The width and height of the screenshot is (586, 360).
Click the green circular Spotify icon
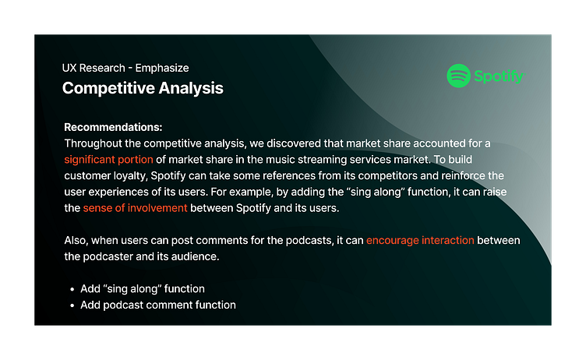458,76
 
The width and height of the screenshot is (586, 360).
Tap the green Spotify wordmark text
499,76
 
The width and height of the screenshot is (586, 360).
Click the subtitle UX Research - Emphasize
125,68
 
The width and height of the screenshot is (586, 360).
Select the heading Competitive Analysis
143,88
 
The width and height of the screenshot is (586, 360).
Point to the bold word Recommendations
113,127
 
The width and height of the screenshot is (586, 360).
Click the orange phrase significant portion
108,160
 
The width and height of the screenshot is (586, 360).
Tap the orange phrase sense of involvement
135,208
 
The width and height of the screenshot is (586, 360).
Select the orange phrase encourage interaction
420,240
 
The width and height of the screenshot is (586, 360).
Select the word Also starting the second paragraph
76,240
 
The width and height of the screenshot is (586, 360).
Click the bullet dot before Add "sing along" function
72,289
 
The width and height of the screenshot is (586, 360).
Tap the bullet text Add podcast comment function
158,305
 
